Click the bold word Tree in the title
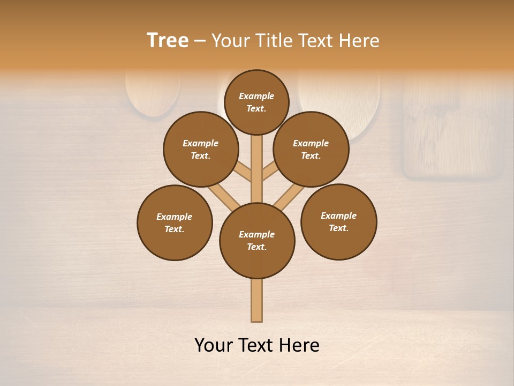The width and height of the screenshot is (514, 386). click(x=168, y=40)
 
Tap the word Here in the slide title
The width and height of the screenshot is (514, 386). click(x=359, y=40)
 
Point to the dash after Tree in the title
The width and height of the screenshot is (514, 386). click(x=200, y=41)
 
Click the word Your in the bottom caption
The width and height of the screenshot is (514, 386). click(x=214, y=345)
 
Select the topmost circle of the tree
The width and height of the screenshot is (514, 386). click(x=256, y=102)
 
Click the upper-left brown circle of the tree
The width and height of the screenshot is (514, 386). click(x=201, y=149)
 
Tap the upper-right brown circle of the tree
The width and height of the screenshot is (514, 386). click(x=311, y=149)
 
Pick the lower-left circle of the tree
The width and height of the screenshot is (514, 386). click(x=175, y=222)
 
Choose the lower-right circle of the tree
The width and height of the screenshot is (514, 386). click(x=338, y=221)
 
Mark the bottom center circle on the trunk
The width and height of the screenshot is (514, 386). click(x=257, y=241)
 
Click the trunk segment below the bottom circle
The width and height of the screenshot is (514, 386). click(x=257, y=300)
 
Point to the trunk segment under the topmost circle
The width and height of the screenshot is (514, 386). click(x=257, y=161)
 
